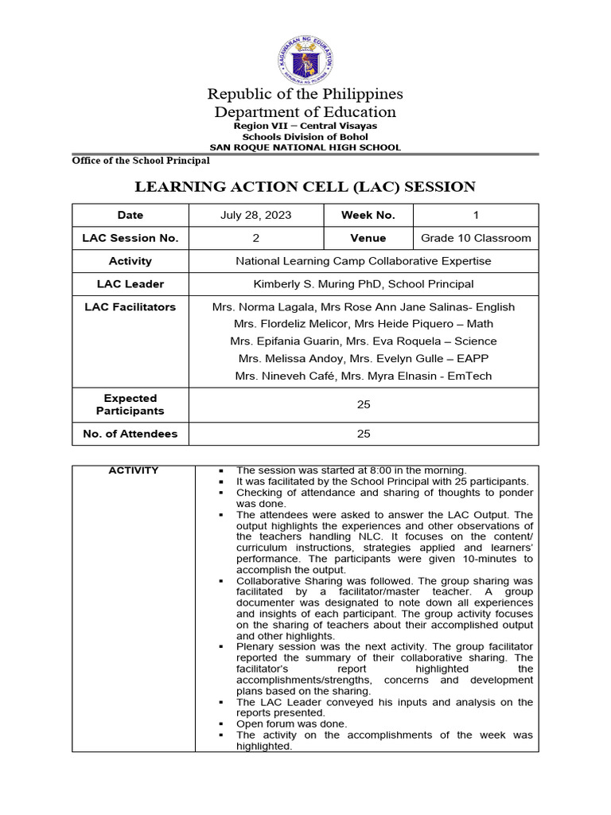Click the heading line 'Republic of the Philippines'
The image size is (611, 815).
[305, 94]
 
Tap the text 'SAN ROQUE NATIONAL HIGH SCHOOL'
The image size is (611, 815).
[305, 147]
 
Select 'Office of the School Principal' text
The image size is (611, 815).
[141, 161]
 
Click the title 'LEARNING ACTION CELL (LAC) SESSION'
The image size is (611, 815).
[305, 187]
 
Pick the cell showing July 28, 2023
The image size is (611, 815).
[256, 215]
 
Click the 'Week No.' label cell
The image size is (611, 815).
[368, 215]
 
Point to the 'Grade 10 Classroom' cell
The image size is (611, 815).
[476, 238]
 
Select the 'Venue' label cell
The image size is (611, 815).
[368, 238]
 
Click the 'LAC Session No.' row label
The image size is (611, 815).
[130, 238]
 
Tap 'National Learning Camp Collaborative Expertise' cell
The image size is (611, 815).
[364, 261]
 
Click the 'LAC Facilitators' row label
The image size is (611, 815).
[130, 306]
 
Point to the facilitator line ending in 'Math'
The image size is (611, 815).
[364, 324]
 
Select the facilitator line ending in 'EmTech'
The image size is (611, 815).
[364, 376]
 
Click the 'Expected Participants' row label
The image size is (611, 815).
[130, 404]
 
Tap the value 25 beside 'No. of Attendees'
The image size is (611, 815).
[364, 434]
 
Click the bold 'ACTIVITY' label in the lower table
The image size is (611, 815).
[134, 470]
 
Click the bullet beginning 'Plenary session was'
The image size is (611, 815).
[384, 647]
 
